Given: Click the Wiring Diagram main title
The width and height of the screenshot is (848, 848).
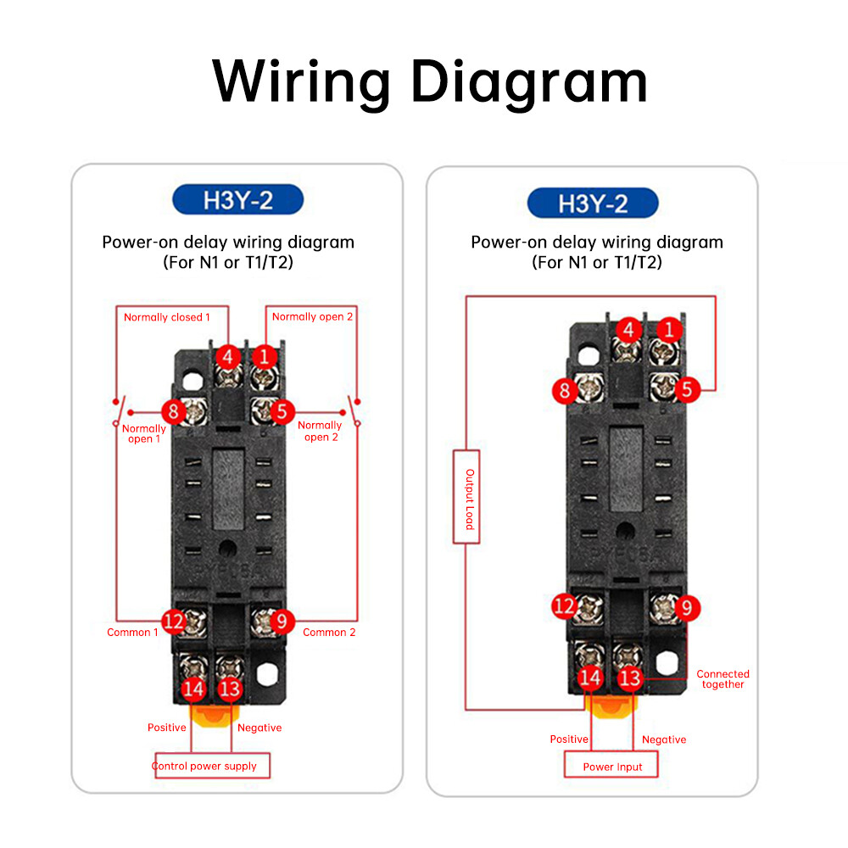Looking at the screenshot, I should tap(430, 81).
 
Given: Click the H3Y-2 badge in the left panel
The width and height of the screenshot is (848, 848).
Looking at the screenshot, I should tap(238, 201).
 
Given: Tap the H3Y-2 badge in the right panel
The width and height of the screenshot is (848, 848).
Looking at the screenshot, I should tap(593, 204).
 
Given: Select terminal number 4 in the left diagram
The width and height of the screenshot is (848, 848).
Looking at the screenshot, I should tap(227, 357).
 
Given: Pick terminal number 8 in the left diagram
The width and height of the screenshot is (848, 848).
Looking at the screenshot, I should tap(174, 413).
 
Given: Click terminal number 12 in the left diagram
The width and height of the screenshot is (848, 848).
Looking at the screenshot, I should tap(174, 622).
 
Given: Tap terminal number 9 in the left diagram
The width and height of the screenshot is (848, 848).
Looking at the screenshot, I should tap(282, 622).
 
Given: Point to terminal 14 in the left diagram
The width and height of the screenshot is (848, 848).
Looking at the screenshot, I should tap(193, 689).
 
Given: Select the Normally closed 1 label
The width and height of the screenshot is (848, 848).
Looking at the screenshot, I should tap(167, 317).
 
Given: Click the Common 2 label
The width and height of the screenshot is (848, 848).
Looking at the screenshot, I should tap(329, 632).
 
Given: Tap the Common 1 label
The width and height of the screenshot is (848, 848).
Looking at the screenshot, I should tap(132, 632).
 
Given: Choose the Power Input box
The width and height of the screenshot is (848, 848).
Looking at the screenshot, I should tap(612, 767).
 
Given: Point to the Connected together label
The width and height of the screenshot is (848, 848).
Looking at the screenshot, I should tap(722, 679).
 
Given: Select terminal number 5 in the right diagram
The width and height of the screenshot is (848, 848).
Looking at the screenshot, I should tap(687, 390).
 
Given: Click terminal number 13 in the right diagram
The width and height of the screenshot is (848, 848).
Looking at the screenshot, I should tap(629, 678).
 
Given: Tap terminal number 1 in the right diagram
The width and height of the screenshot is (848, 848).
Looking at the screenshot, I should tap(669, 329).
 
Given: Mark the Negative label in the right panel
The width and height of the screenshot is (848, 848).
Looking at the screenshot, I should tap(664, 739).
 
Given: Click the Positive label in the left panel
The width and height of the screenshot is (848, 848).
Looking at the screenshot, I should tap(167, 728).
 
